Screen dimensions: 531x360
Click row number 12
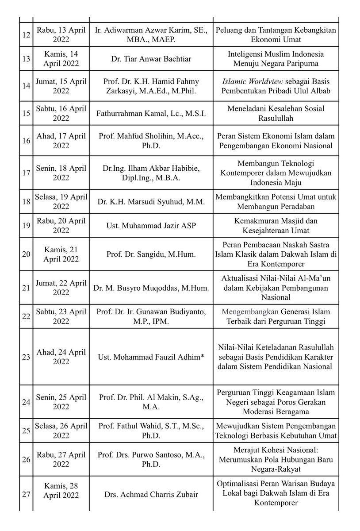[26, 35]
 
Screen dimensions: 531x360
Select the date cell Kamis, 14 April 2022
[61, 58]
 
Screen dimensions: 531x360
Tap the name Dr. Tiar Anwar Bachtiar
[151, 58]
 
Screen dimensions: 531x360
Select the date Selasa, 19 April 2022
[61, 202]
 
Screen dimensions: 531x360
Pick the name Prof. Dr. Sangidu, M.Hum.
[151, 254]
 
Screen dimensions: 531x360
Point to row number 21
[26, 288]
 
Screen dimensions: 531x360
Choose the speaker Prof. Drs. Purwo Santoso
[151, 459]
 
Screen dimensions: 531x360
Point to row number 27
[26, 494]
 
